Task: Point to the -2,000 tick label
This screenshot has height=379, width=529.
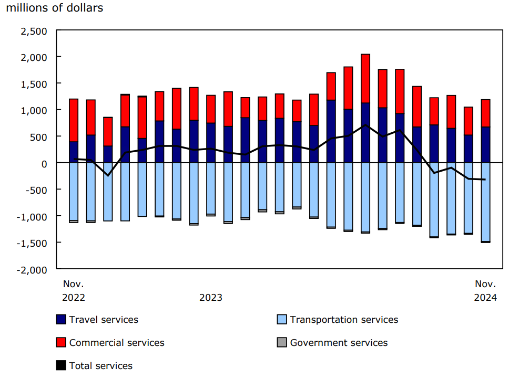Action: point(33,269)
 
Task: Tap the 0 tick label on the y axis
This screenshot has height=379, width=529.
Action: point(44,163)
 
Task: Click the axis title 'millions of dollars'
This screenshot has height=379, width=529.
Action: point(55,8)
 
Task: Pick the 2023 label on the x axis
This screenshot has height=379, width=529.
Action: point(210,298)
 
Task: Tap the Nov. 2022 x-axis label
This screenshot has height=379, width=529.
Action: point(74,291)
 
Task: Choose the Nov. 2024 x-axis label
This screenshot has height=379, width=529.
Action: point(485,291)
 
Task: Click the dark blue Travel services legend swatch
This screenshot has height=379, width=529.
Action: point(61,320)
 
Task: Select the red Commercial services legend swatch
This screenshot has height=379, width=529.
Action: point(61,343)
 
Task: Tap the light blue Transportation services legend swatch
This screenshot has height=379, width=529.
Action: point(282,320)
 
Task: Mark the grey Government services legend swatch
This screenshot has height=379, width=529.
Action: point(282,343)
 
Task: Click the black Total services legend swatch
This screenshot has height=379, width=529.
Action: point(61,366)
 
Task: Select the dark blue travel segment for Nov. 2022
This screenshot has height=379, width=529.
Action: point(74,152)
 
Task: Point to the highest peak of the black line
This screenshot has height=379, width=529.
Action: point(365,125)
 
